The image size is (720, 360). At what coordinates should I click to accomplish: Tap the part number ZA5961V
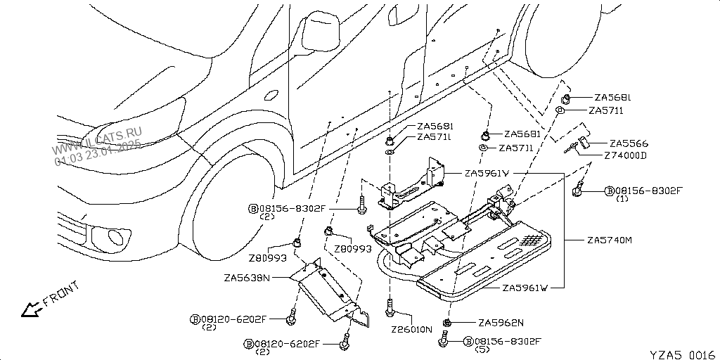[x=487, y=173]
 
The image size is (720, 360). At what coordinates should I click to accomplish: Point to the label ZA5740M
[x=610, y=240]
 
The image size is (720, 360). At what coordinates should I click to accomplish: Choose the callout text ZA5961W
[x=525, y=288]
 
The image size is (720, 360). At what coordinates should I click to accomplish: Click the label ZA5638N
[x=247, y=278]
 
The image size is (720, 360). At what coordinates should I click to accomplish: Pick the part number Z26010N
[x=412, y=329]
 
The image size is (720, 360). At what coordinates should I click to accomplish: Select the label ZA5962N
[x=501, y=323]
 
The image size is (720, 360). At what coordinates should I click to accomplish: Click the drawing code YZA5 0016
[x=683, y=354]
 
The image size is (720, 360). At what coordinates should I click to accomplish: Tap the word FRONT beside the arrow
[x=62, y=294]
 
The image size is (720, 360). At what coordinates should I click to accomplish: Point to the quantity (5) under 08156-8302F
[x=482, y=349]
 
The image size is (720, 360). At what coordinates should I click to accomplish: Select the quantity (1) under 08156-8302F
[x=622, y=199]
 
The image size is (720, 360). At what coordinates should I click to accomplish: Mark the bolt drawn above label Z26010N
[x=389, y=307]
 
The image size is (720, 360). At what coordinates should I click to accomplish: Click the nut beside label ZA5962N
[x=447, y=323]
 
